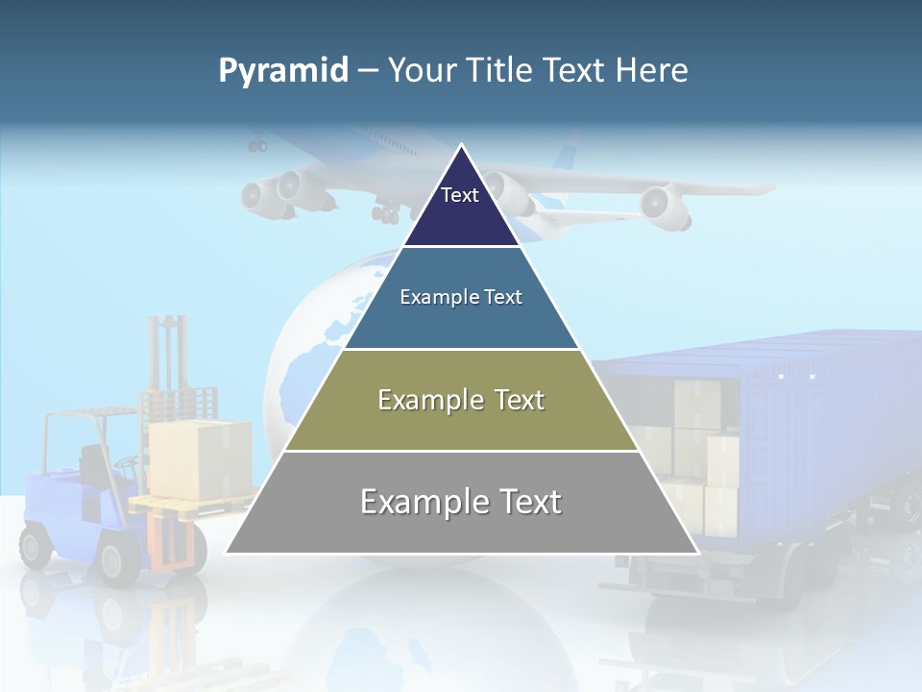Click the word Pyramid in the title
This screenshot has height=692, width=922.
(283, 71)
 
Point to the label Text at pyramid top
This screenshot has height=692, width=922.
(459, 195)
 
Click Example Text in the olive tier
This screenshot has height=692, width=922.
(461, 400)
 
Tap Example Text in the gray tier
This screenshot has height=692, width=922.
(461, 502)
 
